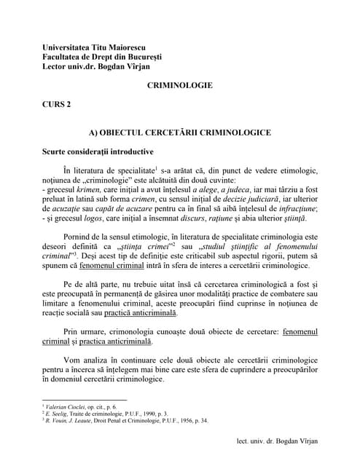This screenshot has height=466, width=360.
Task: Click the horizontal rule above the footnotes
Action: pyautogui.click(x=85, y=399)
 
